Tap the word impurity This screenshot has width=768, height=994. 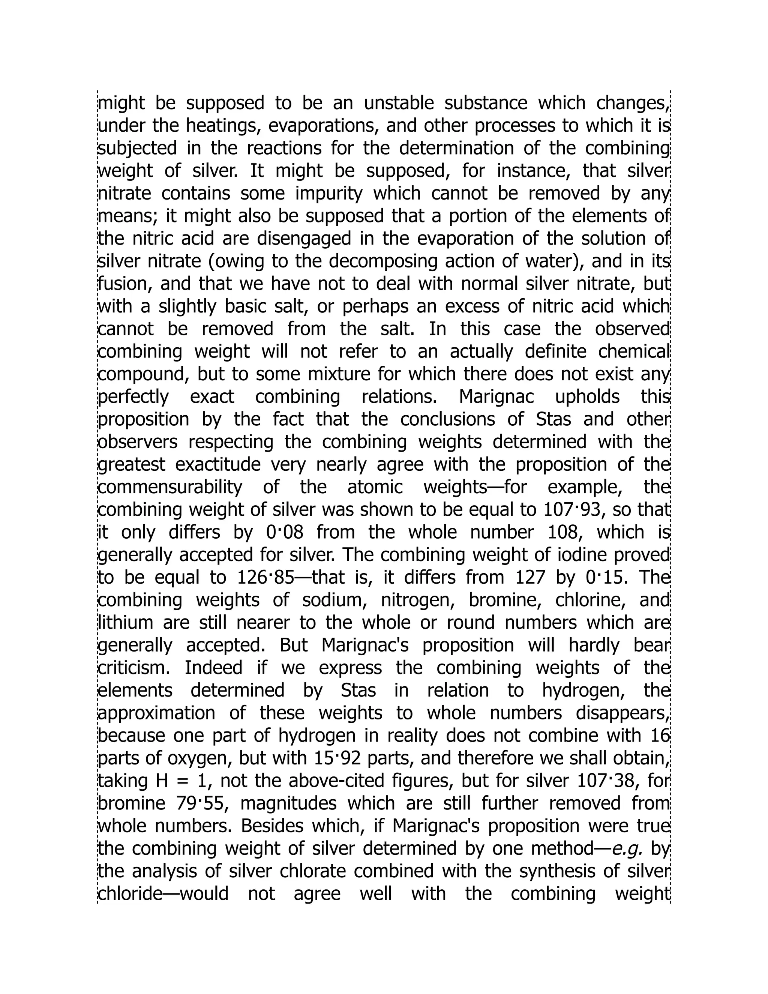click(x=329, y=194)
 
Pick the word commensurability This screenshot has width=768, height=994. click(x=170, y=487)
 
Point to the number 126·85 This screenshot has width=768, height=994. click(x=266, y=578)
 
